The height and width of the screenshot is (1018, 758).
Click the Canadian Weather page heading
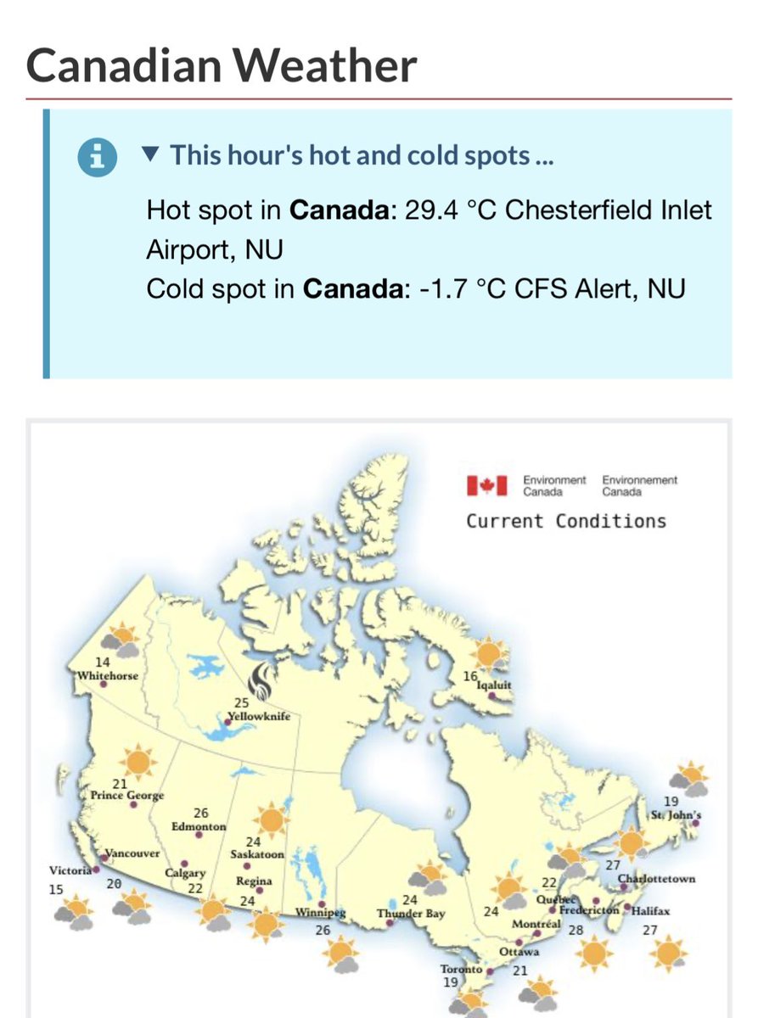point(222,65)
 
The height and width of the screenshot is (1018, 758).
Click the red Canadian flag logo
point(486,485)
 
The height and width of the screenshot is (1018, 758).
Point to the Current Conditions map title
point(565,520)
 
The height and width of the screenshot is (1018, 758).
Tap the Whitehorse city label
point(107,676)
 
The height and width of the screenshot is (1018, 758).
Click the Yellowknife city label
point(260,717)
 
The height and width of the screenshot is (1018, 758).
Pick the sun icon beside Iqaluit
point(488,654)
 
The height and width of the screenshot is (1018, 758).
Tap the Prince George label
point(127,796)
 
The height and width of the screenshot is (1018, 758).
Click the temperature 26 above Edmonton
point(201,813)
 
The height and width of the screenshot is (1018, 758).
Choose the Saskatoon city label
point(257,854)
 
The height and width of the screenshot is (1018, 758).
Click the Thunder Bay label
point(412,914)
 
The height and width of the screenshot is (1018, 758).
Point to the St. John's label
point(677,815)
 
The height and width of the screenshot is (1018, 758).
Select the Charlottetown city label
point(657,878)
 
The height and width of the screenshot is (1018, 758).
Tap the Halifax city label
point(652,911)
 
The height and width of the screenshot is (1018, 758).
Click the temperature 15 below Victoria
point(56,889)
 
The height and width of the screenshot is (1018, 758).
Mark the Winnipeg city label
point(319,913)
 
